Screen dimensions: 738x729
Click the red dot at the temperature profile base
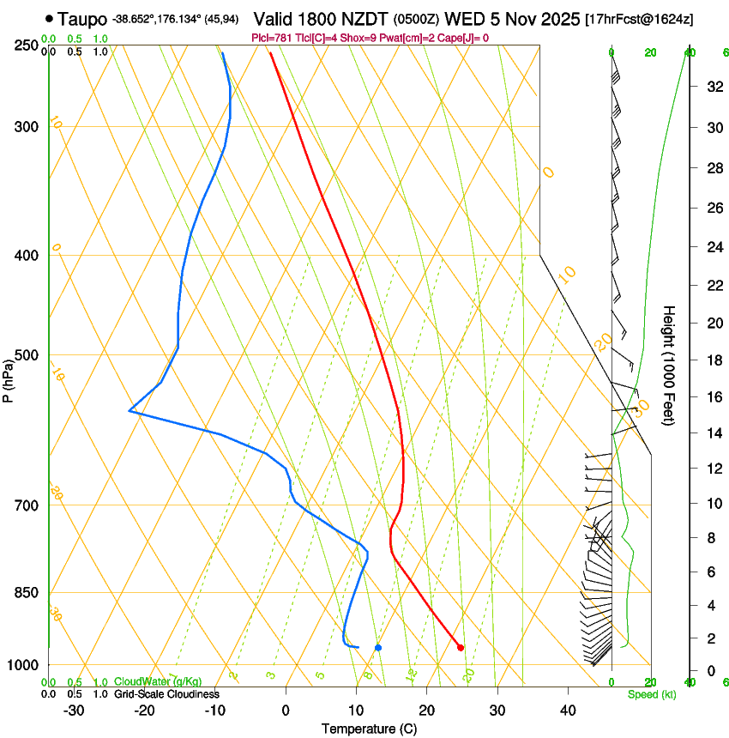point(461,647)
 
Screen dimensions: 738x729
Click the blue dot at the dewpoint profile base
point(378,647)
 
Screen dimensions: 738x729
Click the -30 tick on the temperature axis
point(74,710)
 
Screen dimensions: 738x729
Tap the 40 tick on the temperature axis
point(567,710)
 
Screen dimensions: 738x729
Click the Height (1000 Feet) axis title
point(669,378)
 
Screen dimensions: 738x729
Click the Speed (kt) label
point(651,694)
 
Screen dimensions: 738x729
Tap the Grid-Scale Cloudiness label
point(166,694)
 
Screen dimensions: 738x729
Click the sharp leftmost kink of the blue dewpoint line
point(130,411)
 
